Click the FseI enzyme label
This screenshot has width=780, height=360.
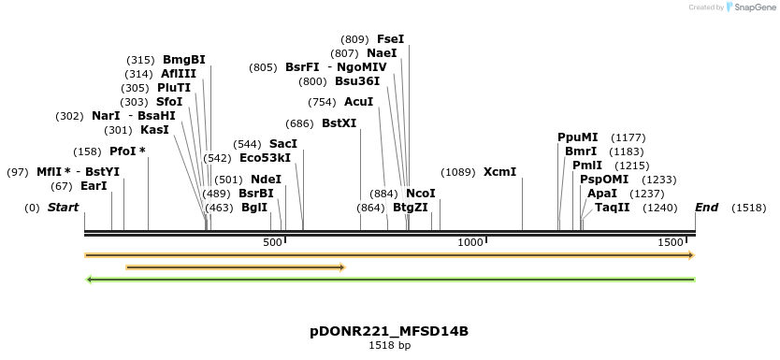[390, 39]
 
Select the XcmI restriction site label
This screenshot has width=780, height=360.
[499, 172]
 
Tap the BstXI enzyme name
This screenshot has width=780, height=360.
[339, 122]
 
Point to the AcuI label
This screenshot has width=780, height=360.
[358, 102]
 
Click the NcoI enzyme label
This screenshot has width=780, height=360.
[421, 194]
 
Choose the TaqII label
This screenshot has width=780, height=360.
[613, 208]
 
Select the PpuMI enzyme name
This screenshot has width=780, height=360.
[577, 137]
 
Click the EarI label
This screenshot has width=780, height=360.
[94, 186]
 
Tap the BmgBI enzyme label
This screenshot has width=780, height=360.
[183, 60]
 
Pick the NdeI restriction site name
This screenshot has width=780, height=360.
[266, 180]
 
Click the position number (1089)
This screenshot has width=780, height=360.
[458, 172]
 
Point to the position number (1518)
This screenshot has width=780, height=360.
[749, 208]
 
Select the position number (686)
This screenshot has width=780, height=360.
[300, 122]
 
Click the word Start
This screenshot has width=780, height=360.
[63, 208]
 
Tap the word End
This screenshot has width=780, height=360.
[706, 208]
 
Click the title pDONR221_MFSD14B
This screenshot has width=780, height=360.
[389, 331]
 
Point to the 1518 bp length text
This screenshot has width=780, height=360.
[389, 346]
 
